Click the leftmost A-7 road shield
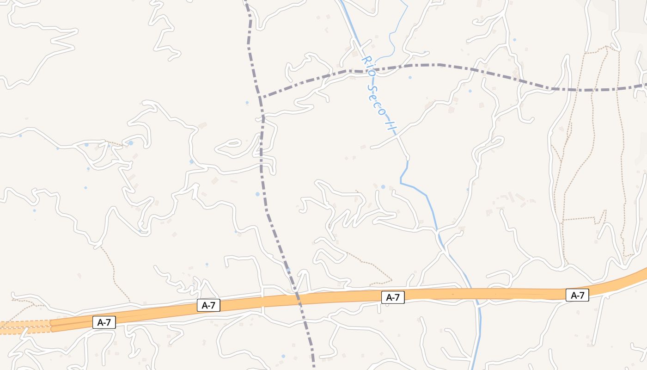point(104,322)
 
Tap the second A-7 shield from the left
point(208,305)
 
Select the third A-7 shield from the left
point(393,297)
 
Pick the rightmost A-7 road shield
point(577,295)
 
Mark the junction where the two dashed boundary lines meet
point(261,98)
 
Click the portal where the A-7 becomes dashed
point(50,325)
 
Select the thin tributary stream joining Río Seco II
point(393,42)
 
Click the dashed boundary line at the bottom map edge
point(314,367)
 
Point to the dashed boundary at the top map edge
point(246,2)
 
